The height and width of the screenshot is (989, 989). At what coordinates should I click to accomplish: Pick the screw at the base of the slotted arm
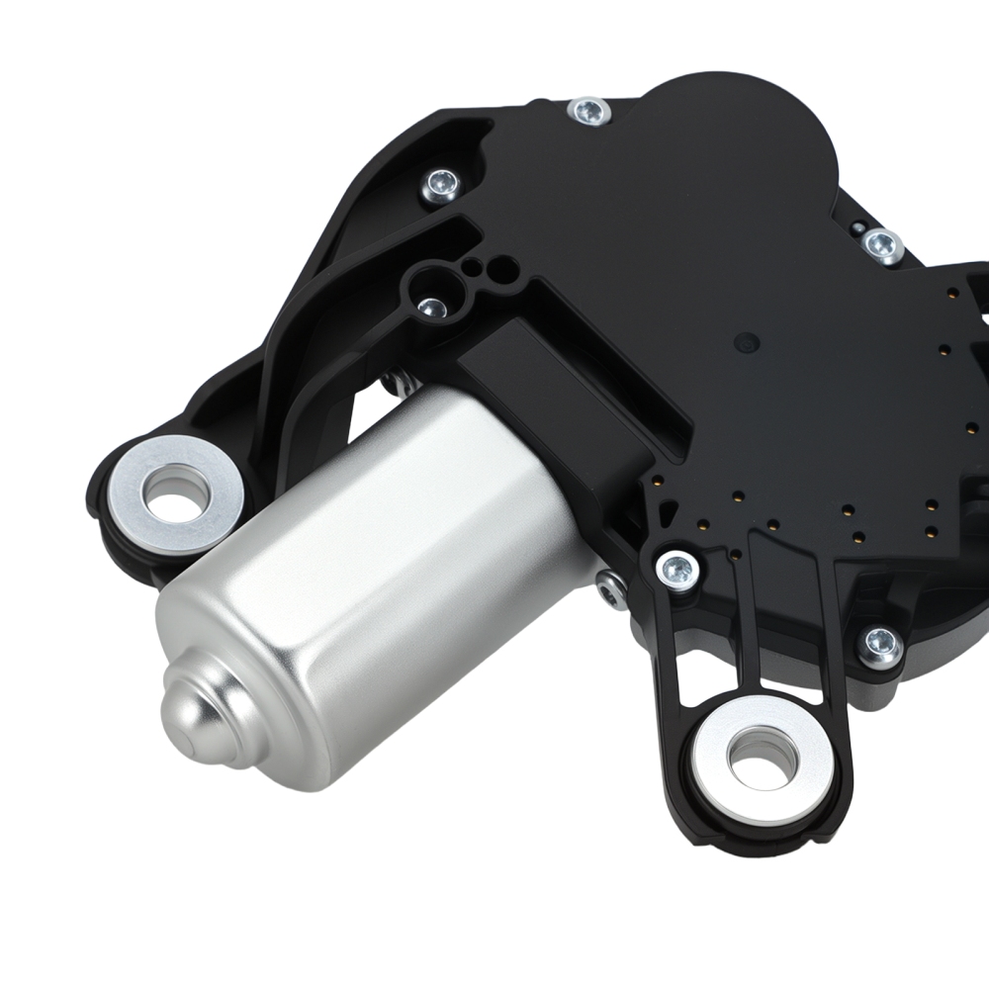[x=677, y=570]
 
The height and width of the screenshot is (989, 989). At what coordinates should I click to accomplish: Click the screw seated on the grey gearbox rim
[x=879, y=645]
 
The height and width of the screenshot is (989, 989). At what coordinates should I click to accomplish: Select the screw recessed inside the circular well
[x=431, y=308]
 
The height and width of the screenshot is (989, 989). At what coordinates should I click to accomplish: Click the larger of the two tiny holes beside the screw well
[x=504, y=265]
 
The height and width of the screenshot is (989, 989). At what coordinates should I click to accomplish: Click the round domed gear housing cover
[x=732, y=148]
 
